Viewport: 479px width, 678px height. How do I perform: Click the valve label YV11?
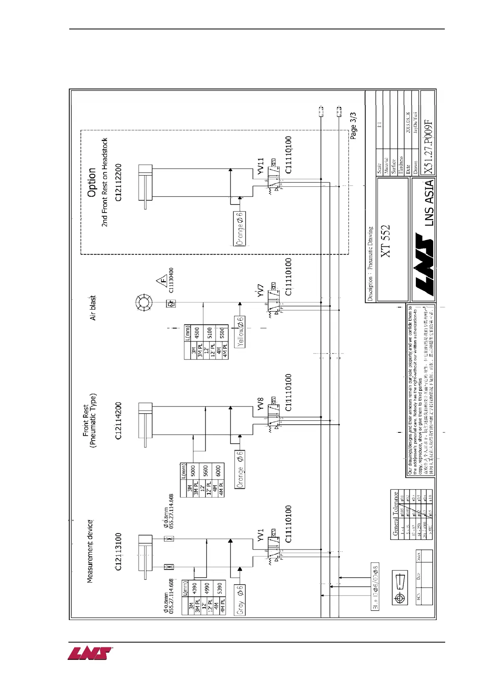point(260,166)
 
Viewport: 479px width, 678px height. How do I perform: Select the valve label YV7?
point(260,291)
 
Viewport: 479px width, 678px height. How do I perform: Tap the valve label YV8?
point(260,404)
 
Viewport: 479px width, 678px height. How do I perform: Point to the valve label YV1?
point(260,535)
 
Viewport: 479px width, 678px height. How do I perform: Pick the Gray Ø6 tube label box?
point(240,600)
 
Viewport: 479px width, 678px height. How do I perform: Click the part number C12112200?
point(118,182)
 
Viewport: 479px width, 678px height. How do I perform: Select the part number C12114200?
point(118,421)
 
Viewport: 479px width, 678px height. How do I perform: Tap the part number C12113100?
point(118,552)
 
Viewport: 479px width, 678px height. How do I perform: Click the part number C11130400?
point(171,280)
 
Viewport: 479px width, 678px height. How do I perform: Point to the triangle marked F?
point(162,281)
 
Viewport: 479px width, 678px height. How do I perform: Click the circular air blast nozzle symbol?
point(144,303)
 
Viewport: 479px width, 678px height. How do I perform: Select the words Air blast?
point(93,308)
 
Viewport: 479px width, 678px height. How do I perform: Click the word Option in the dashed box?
point(92,182)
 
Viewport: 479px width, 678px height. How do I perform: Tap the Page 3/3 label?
point(353,126)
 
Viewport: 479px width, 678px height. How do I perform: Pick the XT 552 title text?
point(385,241)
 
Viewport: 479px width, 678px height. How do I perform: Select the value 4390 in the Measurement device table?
point(194,588)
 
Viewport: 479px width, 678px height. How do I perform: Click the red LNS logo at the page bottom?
point(90,653)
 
